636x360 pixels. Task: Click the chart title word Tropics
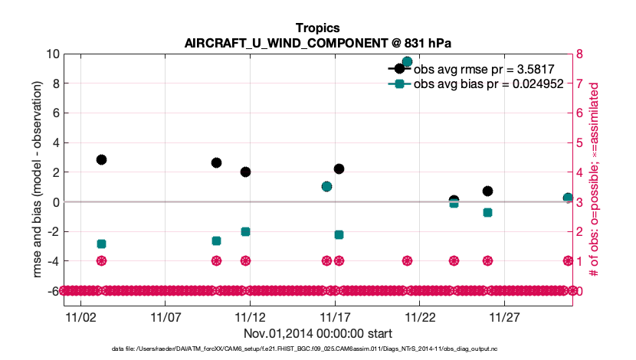[x=317, y=28]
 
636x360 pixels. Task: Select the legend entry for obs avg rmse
[x=479, y=69]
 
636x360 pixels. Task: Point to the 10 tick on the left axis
[x=53, y=54]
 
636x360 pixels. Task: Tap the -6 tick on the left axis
[x=52, y=291]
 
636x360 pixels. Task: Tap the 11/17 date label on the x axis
[x=336, y=316]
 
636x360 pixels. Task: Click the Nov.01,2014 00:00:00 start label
[x=317, y=333]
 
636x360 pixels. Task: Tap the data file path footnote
[x=317, y=349]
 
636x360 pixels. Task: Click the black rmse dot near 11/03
[x=101, y=159]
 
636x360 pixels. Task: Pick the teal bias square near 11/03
[x=101, y=244]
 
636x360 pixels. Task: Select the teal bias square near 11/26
[x=487, y=212]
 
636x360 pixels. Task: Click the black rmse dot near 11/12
[x=245, y=172]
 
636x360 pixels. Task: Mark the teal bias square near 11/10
[x=216, y=241]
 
